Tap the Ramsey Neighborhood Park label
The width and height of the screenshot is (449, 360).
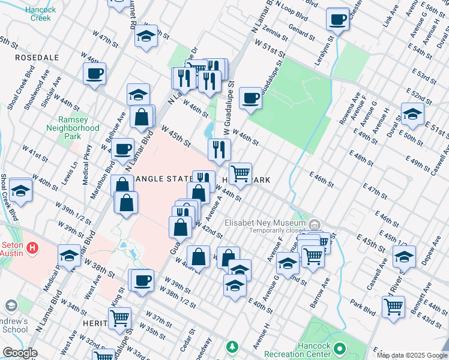73,128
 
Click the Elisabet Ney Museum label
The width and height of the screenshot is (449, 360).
265,223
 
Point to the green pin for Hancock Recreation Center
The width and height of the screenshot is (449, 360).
339,348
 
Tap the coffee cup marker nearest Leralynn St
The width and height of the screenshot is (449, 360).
339,19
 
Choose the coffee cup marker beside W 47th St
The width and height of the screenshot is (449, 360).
94,74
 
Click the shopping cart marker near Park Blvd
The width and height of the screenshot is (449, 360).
393,307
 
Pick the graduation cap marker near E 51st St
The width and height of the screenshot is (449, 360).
413,115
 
